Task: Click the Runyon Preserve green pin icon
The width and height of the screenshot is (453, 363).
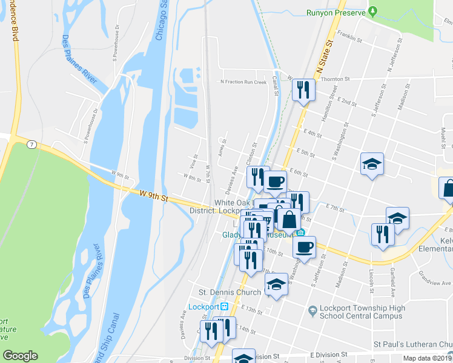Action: coord(373,11)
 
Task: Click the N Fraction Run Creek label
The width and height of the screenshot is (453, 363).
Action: coord(243,82)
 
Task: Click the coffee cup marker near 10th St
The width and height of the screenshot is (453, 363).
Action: coord(304,246)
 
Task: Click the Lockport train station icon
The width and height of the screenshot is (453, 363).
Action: coord(224,306)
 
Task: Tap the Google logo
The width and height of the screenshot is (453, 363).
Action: coord(20,356)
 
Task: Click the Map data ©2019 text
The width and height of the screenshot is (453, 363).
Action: coord(427,358)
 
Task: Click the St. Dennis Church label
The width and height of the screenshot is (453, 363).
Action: coord(234,292)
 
